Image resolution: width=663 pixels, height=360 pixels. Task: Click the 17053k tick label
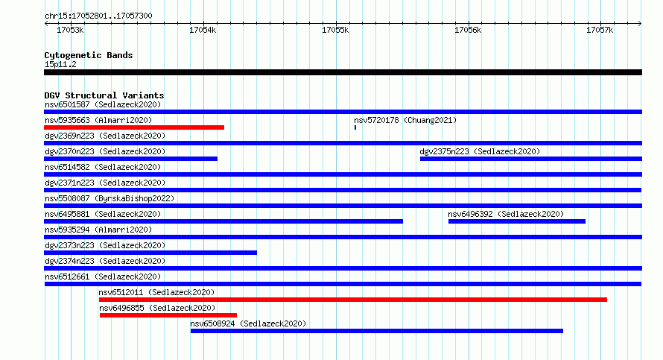70,30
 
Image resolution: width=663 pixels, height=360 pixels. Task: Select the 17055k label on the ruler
335,30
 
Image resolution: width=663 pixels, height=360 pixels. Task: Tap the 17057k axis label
600,30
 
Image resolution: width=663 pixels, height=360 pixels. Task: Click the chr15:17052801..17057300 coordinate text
98,16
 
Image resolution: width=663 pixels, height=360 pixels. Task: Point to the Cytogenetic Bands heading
89,55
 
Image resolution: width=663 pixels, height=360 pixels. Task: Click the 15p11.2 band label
60,64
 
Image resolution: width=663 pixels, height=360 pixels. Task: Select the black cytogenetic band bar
343,72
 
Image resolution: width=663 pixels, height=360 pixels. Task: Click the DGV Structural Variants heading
104,95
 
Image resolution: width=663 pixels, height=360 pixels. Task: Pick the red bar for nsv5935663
134,127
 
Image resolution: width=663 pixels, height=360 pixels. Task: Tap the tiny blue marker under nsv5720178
355,127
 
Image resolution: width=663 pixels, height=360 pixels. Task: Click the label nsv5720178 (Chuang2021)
405,120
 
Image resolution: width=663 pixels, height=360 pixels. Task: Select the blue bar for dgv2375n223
531,159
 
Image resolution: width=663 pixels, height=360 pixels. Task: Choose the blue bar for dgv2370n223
130,159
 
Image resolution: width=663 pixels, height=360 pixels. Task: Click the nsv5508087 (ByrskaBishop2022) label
110,198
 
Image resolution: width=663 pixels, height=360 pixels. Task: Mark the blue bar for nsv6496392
517,221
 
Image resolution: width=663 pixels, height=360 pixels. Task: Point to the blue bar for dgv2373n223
150,253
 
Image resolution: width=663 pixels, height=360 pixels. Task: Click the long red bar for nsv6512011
353,300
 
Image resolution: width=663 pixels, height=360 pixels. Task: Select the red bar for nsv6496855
168,315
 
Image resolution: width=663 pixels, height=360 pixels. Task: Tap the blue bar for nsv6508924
377,331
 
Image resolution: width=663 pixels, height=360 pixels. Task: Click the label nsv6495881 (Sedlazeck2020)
103,214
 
